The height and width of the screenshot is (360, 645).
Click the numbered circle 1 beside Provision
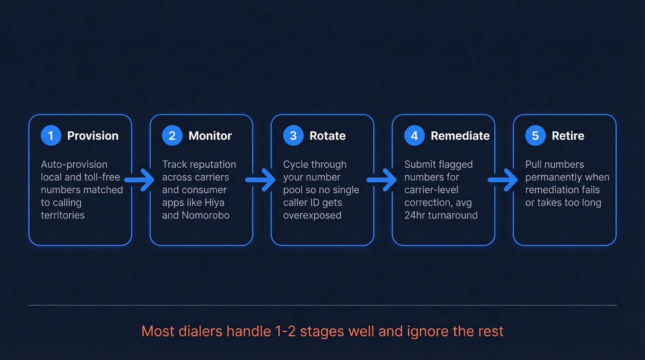click(x=51, y=136)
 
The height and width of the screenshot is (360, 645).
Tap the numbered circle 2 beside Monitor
click(x=172, y=136)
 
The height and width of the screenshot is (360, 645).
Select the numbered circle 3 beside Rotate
click(x=293, y=136)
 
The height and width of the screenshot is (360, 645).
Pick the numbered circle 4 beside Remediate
click(x=414, y=136)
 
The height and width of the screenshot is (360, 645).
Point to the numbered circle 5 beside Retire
click(x=535, y=136)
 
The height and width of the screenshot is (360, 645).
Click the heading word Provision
click(x=93, y=136)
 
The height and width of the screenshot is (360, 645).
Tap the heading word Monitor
click(x=210, y=136)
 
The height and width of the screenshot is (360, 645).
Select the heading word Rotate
click(x=328, y=136)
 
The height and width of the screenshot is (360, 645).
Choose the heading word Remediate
click(x=460, y=136)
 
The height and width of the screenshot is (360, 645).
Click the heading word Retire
click(x=568, y=136)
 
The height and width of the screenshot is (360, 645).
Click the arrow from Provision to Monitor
click(x=140, y=180)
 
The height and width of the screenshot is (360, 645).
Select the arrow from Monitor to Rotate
click(x=261, y=180)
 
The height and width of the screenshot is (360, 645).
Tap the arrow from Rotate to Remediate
click(x=382, y=180)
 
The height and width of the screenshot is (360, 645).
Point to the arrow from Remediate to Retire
click(x=504, y=180)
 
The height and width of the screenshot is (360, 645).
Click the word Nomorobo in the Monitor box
click(x=205, y=215)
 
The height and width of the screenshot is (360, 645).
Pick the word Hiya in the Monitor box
click(x=214, y=203)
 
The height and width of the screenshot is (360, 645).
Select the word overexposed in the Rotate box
click(x=312, y=215)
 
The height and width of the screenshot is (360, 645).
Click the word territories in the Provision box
click(x=63, y=215)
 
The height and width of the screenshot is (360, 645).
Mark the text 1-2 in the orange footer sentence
click(x=284, y=331)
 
